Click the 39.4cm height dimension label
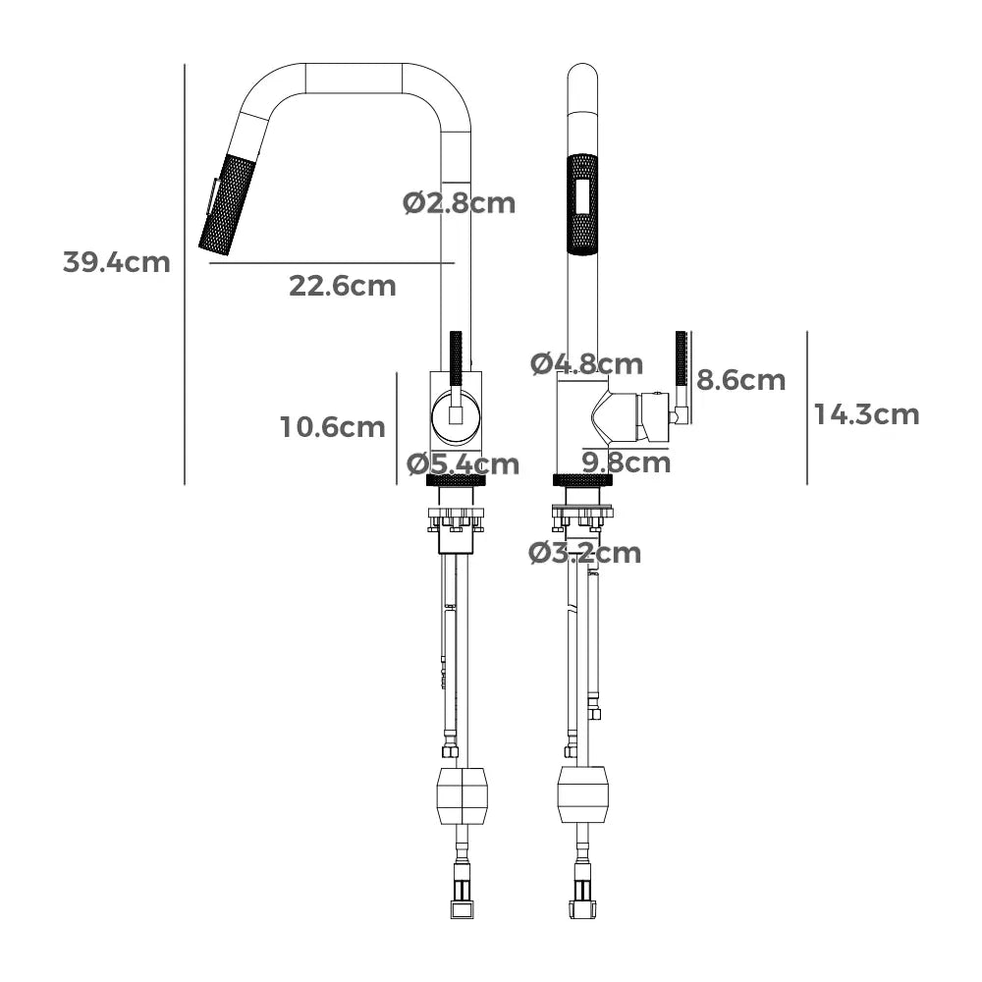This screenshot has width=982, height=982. click(117, 262)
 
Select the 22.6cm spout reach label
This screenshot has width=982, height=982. click(343, 286)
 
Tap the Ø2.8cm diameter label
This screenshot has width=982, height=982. click(459, 203)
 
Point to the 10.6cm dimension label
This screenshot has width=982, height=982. click(333, 427)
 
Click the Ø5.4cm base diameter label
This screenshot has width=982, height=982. click(463, 464)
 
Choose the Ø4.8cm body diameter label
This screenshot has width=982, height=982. click(587, 364)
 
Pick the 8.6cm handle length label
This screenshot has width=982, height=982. click(740, 380)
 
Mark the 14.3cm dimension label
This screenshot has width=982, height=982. click(867, 414)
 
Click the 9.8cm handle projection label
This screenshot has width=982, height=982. click(627, 463)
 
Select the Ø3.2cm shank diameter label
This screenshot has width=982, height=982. click(585, 553)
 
